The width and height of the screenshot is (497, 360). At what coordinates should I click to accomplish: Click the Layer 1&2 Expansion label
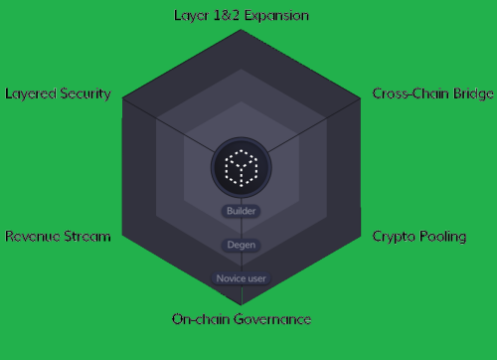click(x=241, y=16)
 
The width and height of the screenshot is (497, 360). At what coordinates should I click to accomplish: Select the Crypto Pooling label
click(x=418, y=236)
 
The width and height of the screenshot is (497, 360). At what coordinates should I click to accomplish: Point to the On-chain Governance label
click(x=242, y=319)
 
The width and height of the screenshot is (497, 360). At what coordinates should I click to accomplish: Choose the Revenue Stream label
click(x=58, y=236)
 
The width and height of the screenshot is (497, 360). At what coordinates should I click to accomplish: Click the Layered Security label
click(x=58, y=93)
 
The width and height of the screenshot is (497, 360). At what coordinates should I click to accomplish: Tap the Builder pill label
click(x=242, y=211)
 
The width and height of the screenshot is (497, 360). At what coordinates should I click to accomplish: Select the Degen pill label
click(x=241, y=245)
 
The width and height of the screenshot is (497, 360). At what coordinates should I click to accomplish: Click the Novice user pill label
click(x=241, y=278)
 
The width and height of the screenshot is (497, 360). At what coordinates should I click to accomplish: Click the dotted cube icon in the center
click(x=241, y=167)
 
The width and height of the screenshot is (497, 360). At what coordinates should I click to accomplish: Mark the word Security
click(x=84, y=93)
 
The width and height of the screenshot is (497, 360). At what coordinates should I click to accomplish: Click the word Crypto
click(x=392, y=236)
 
